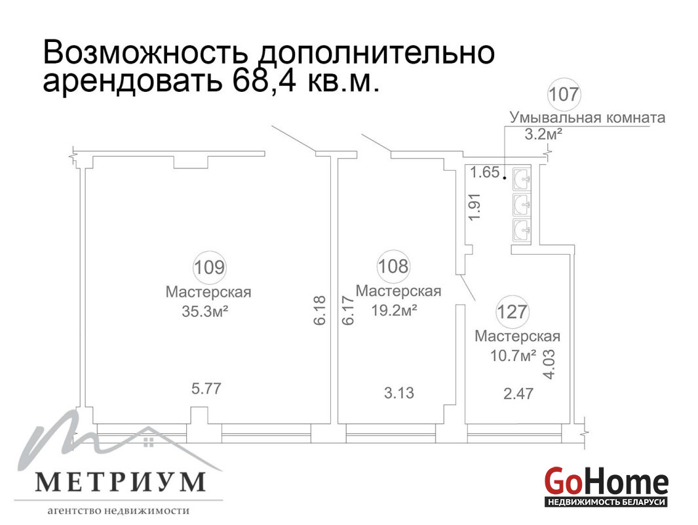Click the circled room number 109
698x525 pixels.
(209, 267)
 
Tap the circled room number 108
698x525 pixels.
(393, 266)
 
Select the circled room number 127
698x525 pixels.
(513, 312)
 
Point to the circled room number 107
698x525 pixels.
(564, 94)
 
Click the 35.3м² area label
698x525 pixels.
(205, 311)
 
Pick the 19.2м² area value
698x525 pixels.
(395, 310)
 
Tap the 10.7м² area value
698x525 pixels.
(513, 356)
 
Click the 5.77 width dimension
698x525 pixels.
(206, 388)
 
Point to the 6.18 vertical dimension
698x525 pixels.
(320, 310)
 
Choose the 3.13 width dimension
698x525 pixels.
(399, 393)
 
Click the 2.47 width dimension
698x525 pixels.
(518, 394)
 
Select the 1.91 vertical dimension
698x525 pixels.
(475, 206)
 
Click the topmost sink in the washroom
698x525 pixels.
(522, 178)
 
